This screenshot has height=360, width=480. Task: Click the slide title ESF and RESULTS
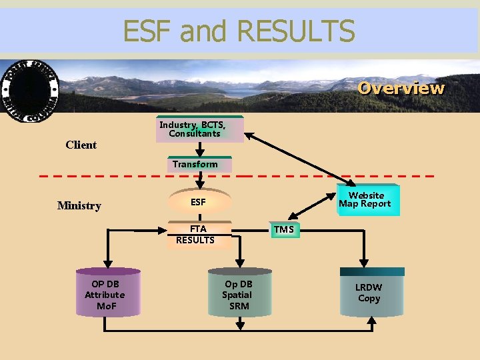click(x=239, y=31)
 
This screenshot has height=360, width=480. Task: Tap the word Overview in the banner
click(x=401, y=88)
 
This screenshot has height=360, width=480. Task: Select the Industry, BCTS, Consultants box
click(x=199, y=129)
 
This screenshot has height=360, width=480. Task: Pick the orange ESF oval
click(x=199, y=202)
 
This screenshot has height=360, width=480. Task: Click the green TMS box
click(x=283, y=230)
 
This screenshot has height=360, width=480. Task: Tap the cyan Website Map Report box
click(x=365, y=200)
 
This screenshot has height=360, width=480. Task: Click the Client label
click(x=81, y=145)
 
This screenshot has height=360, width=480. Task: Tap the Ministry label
click(x=79, y=205)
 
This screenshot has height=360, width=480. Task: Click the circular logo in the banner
click(x=29, y=91)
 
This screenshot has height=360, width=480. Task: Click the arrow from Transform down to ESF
click(x=199, y=181)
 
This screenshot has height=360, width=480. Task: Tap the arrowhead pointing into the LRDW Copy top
click(x=365, y=263)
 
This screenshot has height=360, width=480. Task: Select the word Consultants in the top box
click(x=195, y=134)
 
